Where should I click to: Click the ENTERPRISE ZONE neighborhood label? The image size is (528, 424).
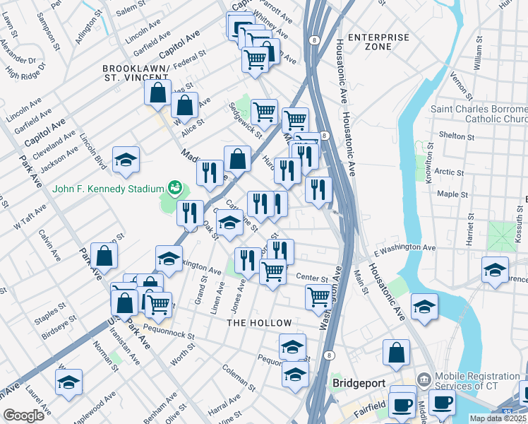[378, 42]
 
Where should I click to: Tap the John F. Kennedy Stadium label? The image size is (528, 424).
[107, 189]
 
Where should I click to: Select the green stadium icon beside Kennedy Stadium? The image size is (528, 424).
[174, 189]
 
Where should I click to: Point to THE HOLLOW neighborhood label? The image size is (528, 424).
[259, 323]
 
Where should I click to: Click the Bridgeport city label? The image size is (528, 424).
[359, 383]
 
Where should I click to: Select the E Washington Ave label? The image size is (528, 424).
[404, 249]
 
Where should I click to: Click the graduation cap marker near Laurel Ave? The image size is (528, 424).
[68, 382]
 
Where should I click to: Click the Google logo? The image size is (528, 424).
[24, 416]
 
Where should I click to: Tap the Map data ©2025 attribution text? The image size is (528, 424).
[497, 418]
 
